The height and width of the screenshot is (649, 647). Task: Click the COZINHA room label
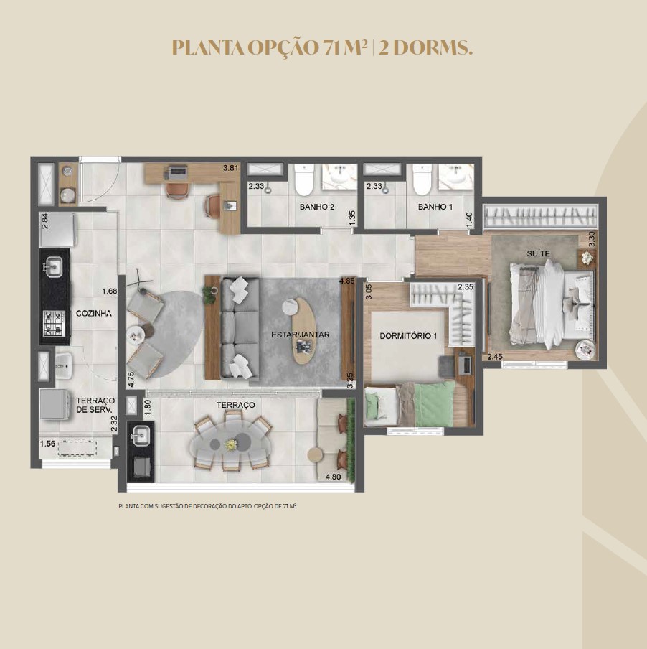tap(94, 313)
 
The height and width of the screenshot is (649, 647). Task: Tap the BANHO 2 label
tap(317, 207)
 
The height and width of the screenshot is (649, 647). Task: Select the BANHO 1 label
tap(435, 207)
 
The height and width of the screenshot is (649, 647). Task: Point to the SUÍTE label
tap(538, 253)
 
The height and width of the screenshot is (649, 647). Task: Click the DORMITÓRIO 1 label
tap(408, 336)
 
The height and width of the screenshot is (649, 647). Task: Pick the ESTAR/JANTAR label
tap(300, 335)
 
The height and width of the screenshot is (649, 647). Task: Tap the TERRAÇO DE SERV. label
tap(95, 405)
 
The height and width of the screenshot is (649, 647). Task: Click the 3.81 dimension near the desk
tap(231, 168)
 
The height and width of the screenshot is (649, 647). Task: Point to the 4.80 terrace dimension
tap(334, 477)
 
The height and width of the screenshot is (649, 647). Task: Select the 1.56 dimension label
tap(47, 444)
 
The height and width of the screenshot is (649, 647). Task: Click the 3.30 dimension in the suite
tap(592, 238)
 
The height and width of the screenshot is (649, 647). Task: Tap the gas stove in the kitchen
tap(55, 323)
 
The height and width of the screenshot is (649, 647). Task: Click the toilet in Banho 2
tap(305, 180)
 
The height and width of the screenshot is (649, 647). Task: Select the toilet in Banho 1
tap(422, 180)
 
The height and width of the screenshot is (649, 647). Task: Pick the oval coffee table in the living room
tap(304, 331)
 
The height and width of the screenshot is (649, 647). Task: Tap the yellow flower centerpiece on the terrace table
tap(231, 444)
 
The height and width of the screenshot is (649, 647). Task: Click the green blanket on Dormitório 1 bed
tap(434, 404)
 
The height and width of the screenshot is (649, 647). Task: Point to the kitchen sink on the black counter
tap(54, 267)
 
